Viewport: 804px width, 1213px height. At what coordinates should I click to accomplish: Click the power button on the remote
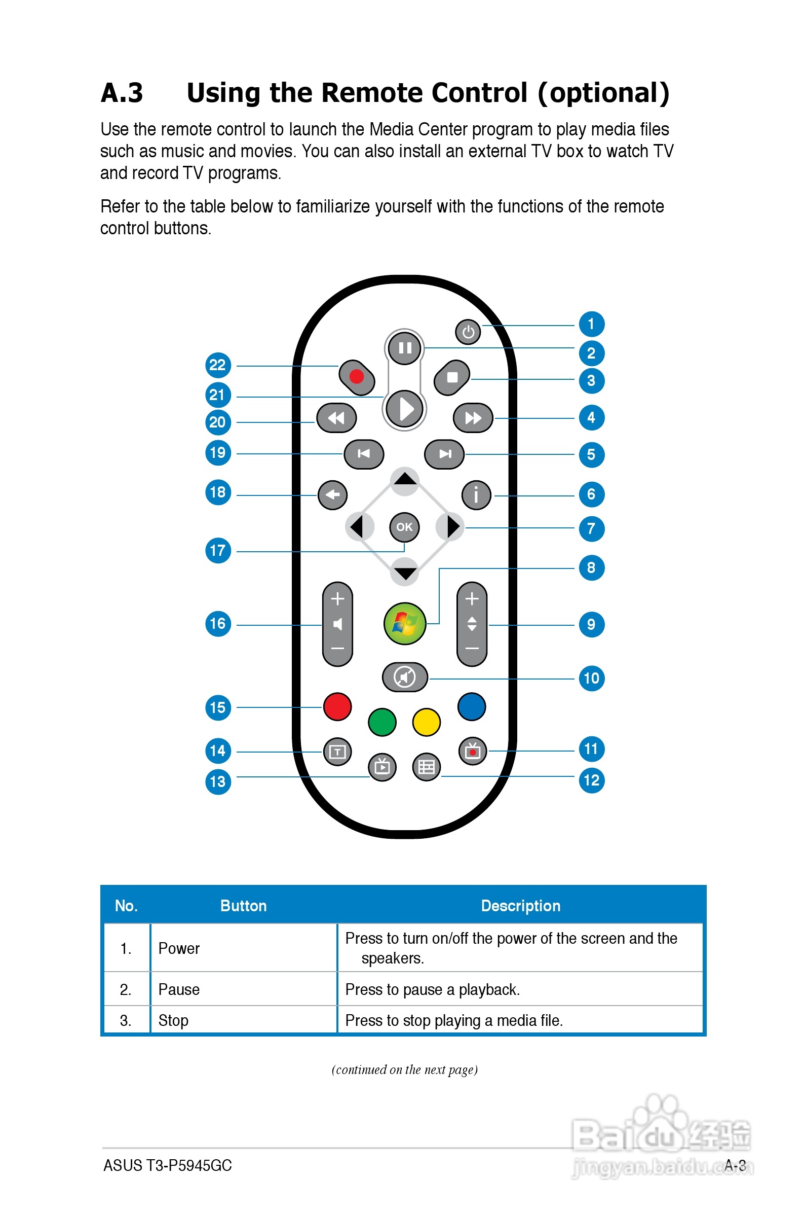[x=468, y=332]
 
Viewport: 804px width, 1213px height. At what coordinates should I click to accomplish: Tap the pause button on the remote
[x=405, y=348]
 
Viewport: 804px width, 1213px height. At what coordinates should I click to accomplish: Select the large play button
[x=405, y=409]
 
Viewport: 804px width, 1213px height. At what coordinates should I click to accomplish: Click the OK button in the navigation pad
[x=405, y=527]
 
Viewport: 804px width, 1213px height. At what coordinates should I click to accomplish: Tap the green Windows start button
[x=405, y=623]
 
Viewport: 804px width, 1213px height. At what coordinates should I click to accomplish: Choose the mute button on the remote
[x=405, y=677]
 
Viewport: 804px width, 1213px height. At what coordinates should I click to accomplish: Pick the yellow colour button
[x=426, y=722]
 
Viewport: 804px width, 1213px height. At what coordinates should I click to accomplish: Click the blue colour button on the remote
[x=471, y=706]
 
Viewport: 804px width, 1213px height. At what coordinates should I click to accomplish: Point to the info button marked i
[x=476, y=495]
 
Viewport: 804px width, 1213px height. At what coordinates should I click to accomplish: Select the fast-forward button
[x=473, y=418]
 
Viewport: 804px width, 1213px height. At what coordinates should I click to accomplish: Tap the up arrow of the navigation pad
[x=405, y=480]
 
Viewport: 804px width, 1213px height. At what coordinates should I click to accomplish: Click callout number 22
[x=218, y=365]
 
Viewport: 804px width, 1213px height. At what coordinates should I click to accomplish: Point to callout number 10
[x=591, y=679]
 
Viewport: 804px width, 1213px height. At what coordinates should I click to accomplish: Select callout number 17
[x=218, y=551]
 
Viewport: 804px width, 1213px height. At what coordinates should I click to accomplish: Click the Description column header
[x=520, y=906]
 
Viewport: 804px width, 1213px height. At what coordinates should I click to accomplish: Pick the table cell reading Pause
[x=179, y=989]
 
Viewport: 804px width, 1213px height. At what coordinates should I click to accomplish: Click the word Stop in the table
[x=173, y=1020]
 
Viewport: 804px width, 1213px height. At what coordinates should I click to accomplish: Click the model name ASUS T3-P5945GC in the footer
[x=168, y=1165]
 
